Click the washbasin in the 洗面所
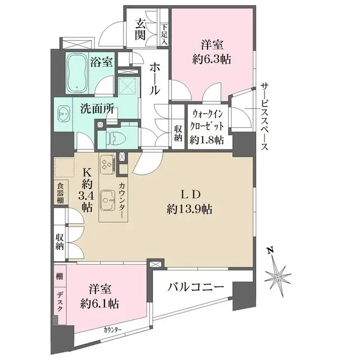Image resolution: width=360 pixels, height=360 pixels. tap(67, 118)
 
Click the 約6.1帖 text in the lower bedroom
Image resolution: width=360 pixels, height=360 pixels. tap(99, 304)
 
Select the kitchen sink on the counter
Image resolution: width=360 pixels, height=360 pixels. tap(108, 199)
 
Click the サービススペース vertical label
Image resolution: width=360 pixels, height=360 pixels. tap(263, 116)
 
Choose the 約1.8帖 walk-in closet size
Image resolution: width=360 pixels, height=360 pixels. tap(208, 139)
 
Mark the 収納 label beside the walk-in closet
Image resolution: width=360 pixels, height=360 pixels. tap(178, 132)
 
